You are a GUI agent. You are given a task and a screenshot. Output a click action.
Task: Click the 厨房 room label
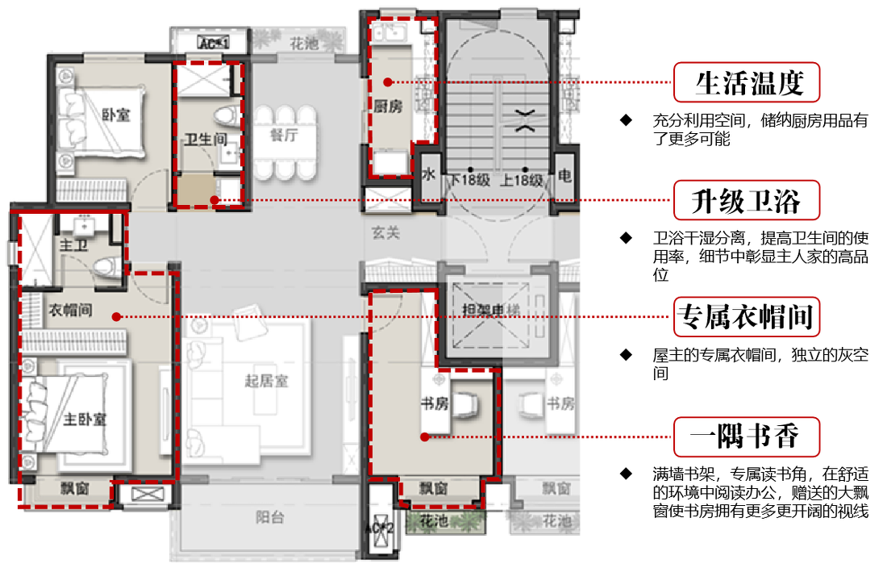(x=387, y=107)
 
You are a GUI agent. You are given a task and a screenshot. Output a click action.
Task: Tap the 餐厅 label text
(x=283, y=135)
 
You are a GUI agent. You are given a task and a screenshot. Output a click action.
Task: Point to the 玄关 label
(x=385, y=233)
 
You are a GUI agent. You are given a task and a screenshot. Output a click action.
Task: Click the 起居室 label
(x=266, y=382)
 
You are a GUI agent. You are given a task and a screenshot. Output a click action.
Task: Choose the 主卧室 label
(x=85, y=420)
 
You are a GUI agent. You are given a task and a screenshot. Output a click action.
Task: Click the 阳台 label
(x=270, y=517)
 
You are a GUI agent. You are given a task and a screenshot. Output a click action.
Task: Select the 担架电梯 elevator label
(x=492, y=311)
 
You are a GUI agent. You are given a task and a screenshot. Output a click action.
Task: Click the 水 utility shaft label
(x=429, y=174)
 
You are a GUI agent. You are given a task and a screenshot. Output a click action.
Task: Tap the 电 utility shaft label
(x=565, y=175)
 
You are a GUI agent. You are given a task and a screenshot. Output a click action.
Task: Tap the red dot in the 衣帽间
(x=117, y=317)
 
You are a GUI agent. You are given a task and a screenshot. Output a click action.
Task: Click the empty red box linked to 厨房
(x=747, y=81)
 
